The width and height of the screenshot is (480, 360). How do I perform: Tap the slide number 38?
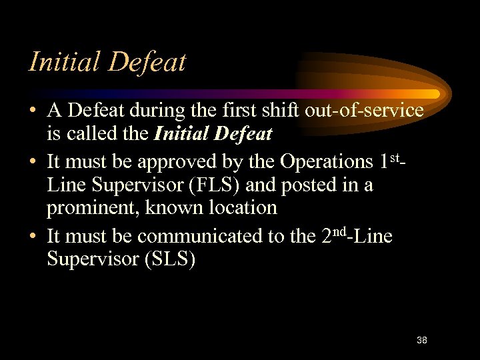point(421,340)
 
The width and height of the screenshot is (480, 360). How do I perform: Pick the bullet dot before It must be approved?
point(33,162)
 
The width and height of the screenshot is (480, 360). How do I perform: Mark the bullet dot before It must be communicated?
point(33,237)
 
